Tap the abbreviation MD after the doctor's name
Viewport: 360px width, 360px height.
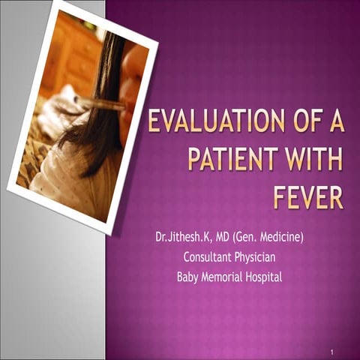[224, 238]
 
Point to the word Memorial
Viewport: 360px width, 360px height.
[225, 276]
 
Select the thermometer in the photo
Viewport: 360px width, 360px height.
[105, 103]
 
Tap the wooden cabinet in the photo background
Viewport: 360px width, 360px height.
[71, 52]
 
